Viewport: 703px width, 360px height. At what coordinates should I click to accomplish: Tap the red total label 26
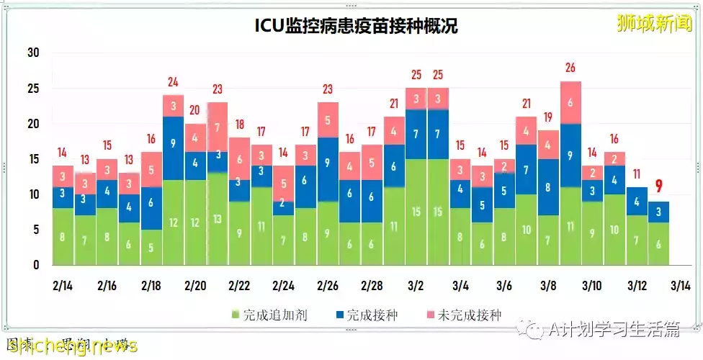(570, 68)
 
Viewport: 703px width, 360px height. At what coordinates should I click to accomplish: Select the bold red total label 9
(658, 187)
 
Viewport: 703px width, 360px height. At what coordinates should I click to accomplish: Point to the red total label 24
(173, 82)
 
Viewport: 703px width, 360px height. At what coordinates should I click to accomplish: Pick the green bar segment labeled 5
(151, 247)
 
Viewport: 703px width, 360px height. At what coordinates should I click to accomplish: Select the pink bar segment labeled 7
(218, 127)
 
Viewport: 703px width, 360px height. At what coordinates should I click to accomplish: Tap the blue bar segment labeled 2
(284, 203)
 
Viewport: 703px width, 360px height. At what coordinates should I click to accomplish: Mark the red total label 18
(239, 124)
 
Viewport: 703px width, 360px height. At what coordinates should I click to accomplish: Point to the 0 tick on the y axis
(35, 265)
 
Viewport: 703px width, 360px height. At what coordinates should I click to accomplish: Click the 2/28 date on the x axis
(372, 286)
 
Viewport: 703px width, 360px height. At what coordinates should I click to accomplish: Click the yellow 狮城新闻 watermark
(654, 24)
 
